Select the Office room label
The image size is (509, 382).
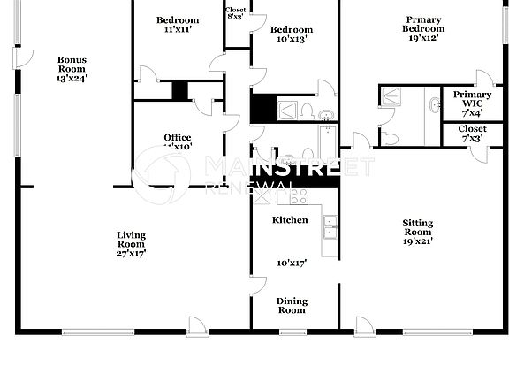click(x=178, y=137)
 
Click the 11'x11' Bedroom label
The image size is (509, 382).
click(x=178, y=25)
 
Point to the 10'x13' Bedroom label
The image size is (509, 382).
click(x=291, y=34)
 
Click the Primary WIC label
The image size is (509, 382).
click(x=473, y=103)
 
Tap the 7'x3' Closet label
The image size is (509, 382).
click(x=472, y=134)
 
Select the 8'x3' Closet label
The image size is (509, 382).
click(x=236, y=13)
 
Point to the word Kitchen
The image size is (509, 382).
click(x=290, y=219)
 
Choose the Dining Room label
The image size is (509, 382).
click(x=292, y=306)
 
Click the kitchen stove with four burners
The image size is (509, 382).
click(x=299, y=196)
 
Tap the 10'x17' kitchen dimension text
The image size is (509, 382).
click(x=290, y=263)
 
